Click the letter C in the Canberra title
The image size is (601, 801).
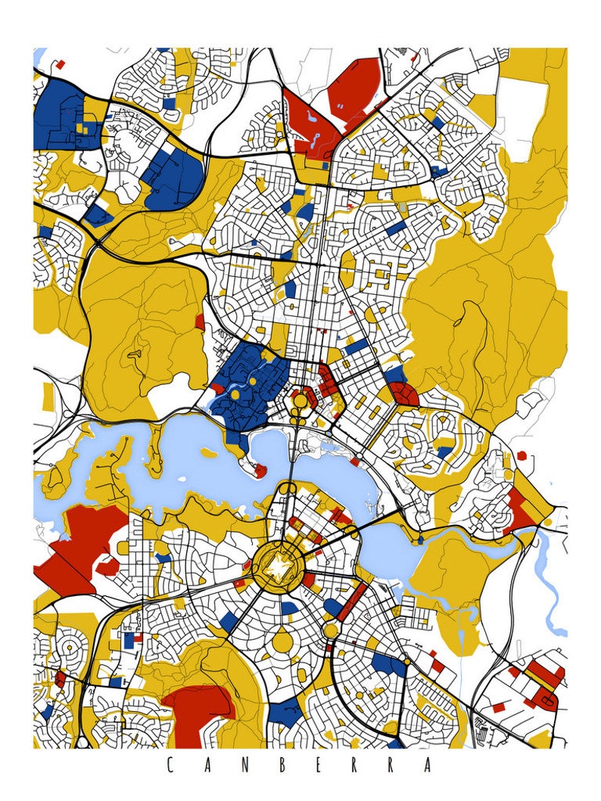168,765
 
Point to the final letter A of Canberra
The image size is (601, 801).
432,765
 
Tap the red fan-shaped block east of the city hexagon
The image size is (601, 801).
403,393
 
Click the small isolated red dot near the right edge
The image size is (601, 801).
521,456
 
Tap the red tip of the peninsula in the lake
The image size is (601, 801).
260,470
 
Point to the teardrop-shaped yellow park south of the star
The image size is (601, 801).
282,641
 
